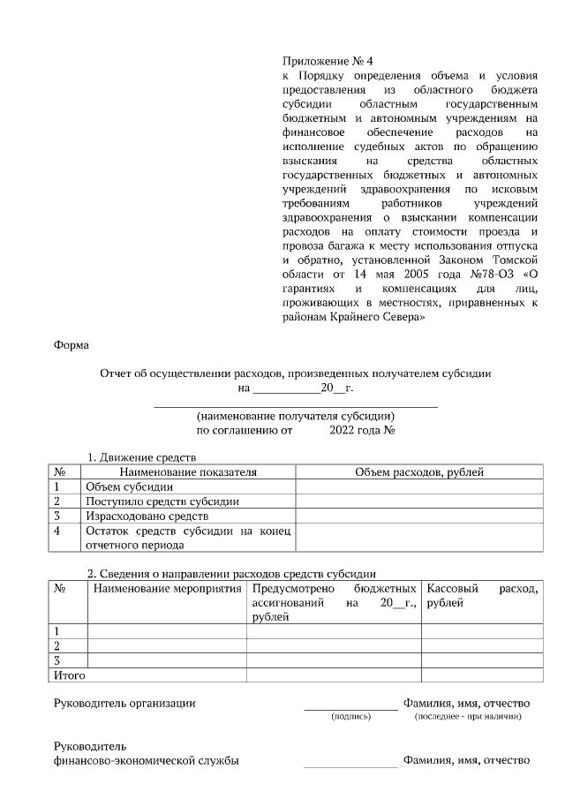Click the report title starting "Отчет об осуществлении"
point(296,373)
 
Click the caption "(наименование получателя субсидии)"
point(296,417)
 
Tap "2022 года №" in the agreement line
point(361,431)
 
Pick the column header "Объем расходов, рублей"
point(418,472)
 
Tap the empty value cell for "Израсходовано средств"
point(418,516)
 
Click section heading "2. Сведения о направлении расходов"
point(232,574)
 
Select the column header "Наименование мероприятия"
point(166,588)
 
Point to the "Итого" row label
point(70,675)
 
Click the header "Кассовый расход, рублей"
point(481,595)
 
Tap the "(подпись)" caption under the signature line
point(350,716)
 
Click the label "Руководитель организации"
point(124,703)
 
